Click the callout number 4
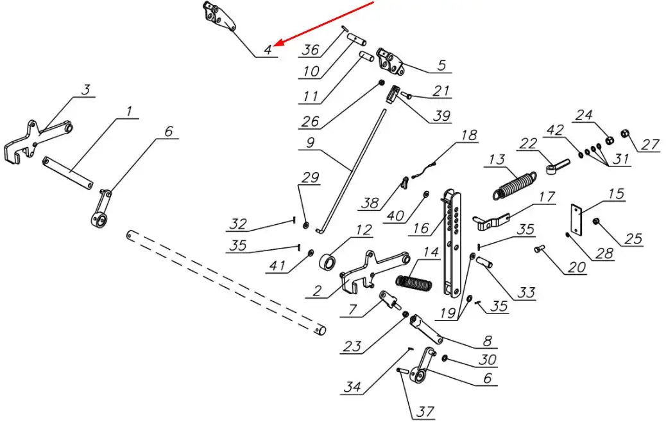(x=268, y=49)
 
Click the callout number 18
(x=469, y=135)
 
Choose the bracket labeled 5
(x=391, y=61)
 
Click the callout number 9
(x=310, y=143)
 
